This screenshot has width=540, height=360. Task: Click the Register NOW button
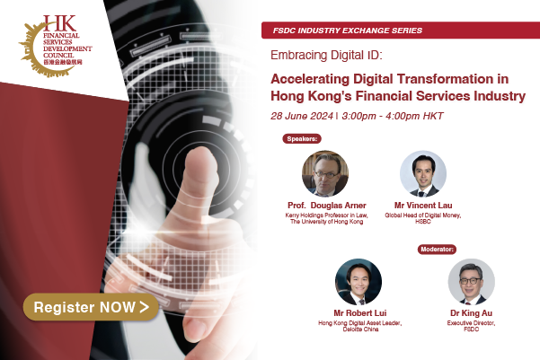[x=92, y=307]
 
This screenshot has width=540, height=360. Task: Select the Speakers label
[x=304, y=139]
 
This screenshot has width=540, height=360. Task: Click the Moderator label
[x=438, y=248]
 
